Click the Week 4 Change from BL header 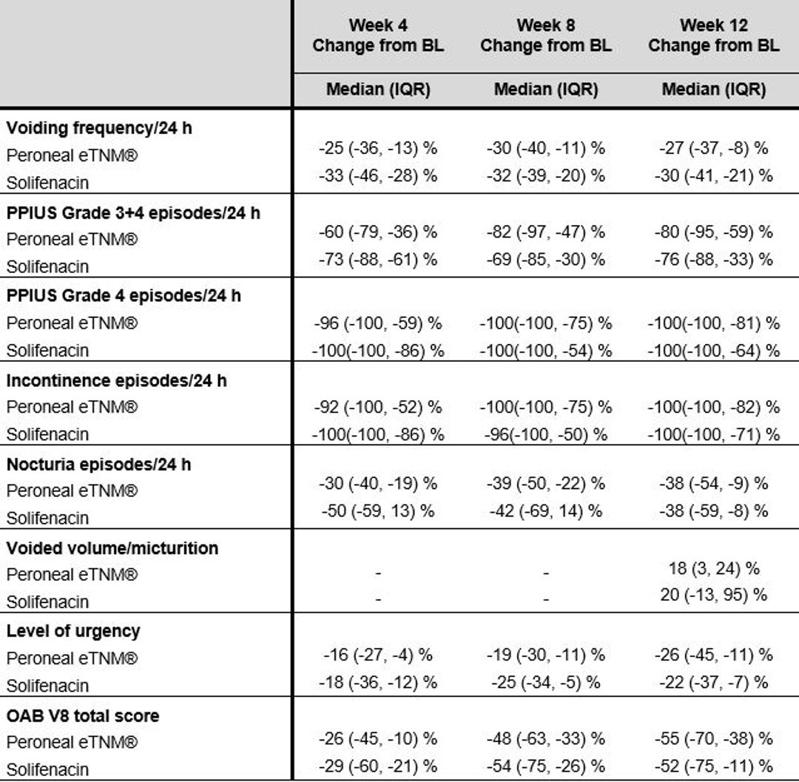tap(378, 36)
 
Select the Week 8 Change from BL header tap(546, 36)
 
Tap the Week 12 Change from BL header tap(713, 36)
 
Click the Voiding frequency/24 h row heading tap(99, 128)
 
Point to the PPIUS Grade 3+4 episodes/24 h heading tap(133, 212)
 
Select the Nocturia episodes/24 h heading tap(98, 464)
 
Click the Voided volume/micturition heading tap(112, 548)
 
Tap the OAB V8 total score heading tap(83, 715)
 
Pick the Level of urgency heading tap(73, 632)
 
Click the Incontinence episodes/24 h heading tap(116, 380)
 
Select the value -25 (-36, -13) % tap(378, 148)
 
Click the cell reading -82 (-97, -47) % tap(546, 232)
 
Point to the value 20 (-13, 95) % tap(713, 595)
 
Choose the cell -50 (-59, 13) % tap(378, 511)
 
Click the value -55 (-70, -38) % tap(713, 738)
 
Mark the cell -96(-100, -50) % tap(546, 434)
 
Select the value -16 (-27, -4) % tap(378, 655)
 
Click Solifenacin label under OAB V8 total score tap(47, 769)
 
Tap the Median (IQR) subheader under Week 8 tap(546, 90)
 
